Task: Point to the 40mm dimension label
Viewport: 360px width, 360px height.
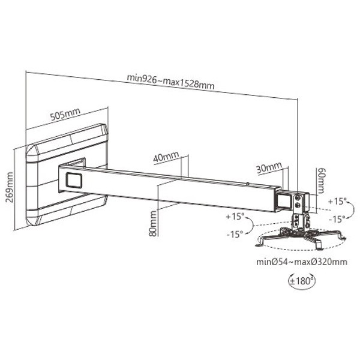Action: tap(166, 157)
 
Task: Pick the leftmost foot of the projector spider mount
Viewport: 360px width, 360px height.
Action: tap(259, 244)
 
